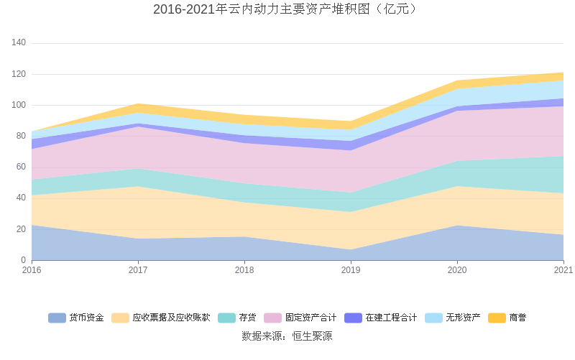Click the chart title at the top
coord(287,9)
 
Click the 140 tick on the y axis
coord(19,43)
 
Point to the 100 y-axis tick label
coord(19,105)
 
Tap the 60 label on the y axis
coord(21,167)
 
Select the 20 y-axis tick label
coord(21,229)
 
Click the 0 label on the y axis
coord(23,260)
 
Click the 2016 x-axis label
coord(32,270)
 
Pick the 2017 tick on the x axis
coord(138,270)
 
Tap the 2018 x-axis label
coord(244,270)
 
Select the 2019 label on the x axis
coord(351,270)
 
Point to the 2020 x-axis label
coord(457,270)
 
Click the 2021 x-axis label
coord(563,270)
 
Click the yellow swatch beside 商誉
coord(497,318)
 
